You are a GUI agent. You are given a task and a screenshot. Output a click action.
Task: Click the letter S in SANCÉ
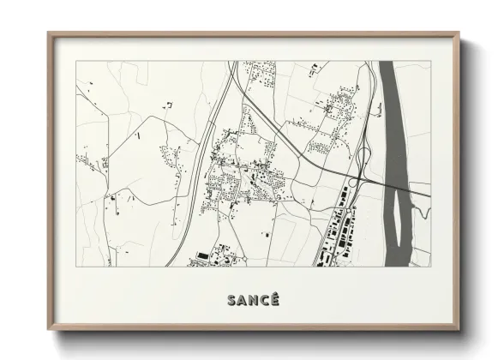click(231, 300)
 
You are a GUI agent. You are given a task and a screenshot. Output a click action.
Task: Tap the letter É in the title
click(273, 300)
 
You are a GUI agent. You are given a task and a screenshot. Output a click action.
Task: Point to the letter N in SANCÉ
click(252, 300)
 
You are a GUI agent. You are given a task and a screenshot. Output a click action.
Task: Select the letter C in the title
click(262, 300)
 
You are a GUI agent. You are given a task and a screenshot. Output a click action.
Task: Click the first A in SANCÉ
click(242, 300)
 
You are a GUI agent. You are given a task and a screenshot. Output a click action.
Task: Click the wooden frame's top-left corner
click(48, 33)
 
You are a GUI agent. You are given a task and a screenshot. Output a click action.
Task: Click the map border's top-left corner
click(75, 61)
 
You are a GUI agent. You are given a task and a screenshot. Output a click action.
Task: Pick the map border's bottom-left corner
click(75, 267)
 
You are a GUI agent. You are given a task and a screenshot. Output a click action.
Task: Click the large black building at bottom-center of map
click(202, 255)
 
